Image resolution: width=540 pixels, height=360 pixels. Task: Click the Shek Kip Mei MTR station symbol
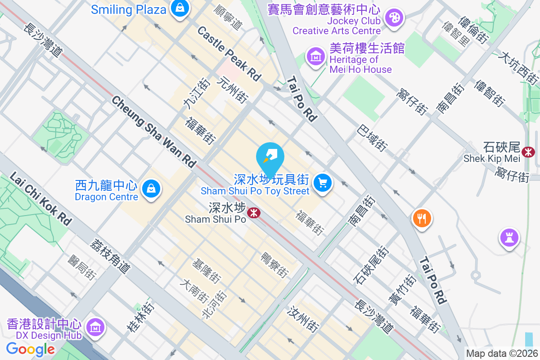pyautogui.click(x=528, y=152)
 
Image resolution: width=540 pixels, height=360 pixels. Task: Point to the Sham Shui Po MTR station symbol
pyautogui.click(x=254, y=212)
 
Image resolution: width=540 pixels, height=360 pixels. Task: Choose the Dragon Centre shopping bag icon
pyautogui.click(x=152, y=189)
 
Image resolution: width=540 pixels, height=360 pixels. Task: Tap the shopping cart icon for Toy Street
pyautogui.click(x=322, y=183)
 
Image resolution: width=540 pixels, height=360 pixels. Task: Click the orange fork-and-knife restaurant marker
pyautogui.click(x=422, y=219)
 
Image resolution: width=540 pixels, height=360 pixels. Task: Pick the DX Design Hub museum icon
pyautogui.click(x=95, y=328)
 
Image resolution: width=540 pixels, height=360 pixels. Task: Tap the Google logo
pyautogui.click(x=30, y=349)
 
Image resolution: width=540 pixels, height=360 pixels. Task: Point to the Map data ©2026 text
pyautogui.click(x=502, y=354)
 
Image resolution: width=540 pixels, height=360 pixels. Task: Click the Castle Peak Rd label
pyautogui.click(x=229, y=54)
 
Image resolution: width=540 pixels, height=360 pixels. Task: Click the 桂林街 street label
pyautogui.click(x=140, y=317)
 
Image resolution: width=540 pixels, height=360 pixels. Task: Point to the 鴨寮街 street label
pyautogui.click(x=274, y=265)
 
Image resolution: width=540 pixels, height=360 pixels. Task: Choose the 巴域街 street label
pyautogui.click(x=372, y=138)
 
